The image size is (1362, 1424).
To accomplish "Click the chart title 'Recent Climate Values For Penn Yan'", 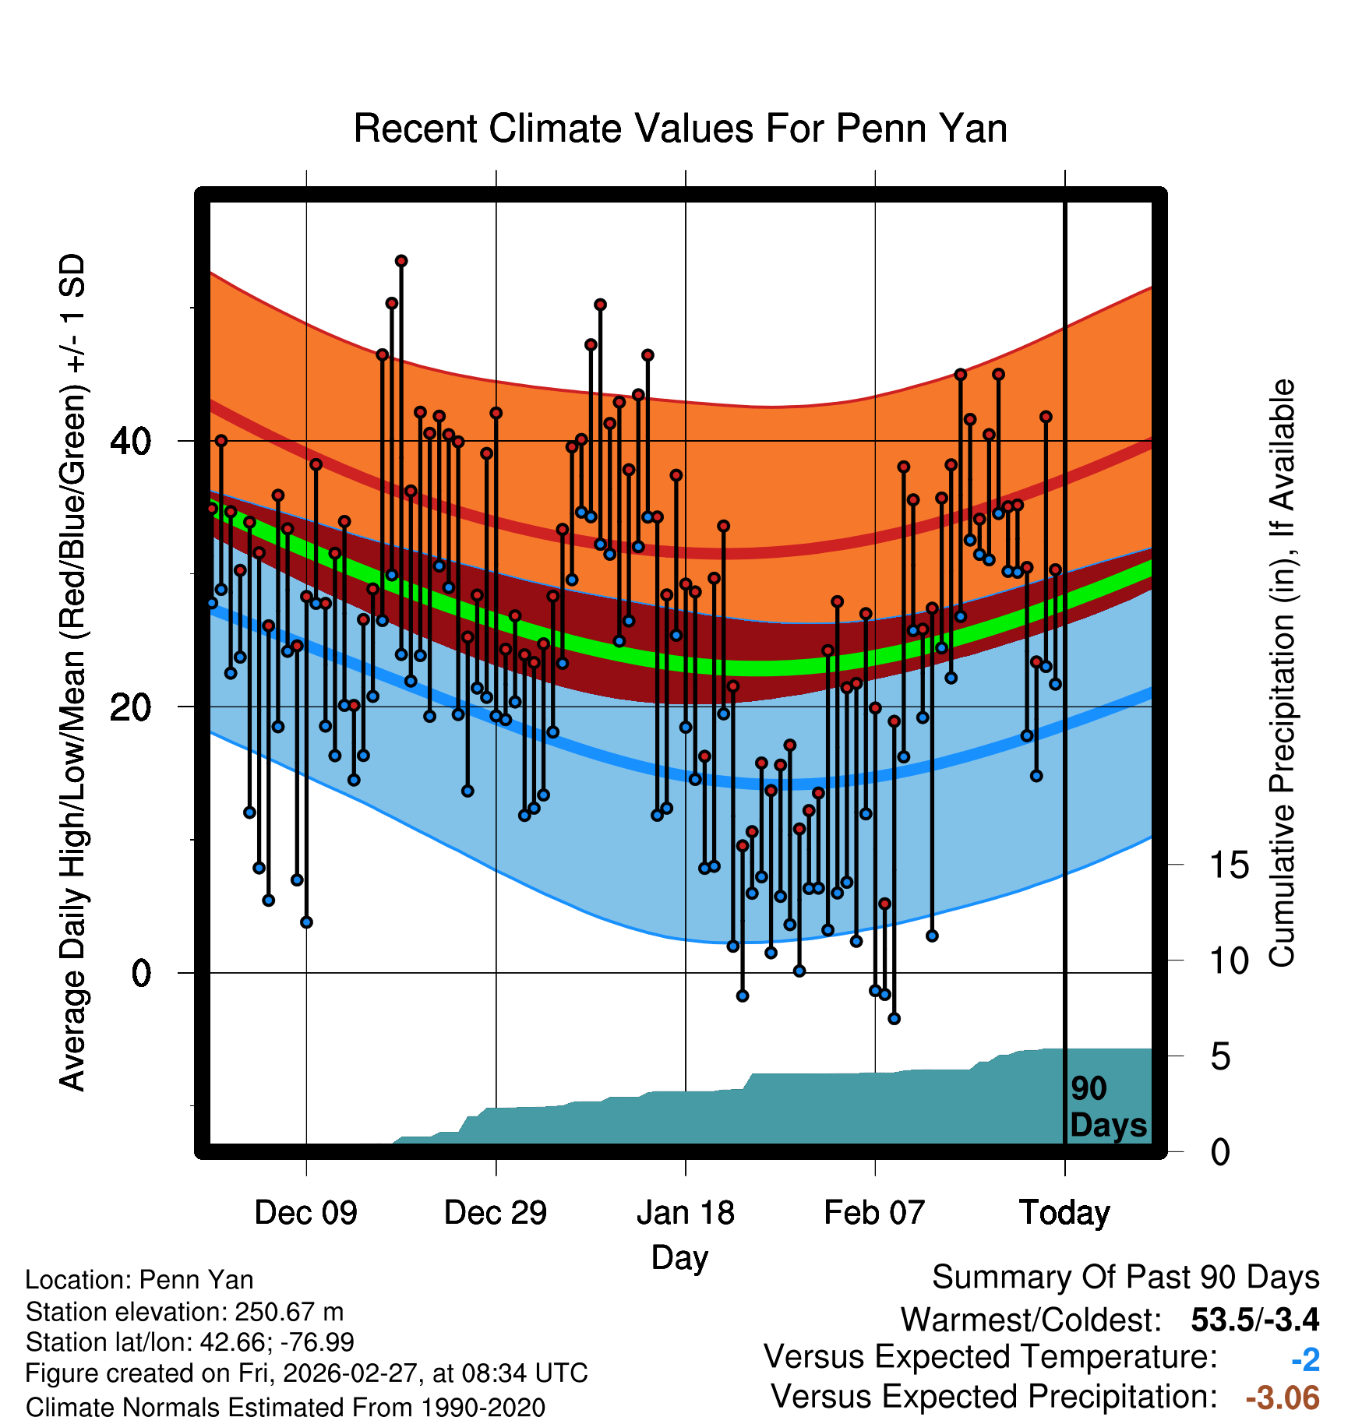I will point(680,129).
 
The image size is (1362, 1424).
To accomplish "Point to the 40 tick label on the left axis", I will point(130,442).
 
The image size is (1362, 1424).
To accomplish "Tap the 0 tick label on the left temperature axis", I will point(141,973).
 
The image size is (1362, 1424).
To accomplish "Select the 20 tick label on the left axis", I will point(130,707).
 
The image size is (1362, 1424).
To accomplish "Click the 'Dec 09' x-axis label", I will point(305,1213).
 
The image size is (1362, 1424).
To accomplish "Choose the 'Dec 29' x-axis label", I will point(496,1213).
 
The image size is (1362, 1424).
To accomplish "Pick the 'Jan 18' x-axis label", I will point(685,1213).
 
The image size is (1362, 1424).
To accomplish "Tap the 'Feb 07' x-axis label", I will point(874,1213).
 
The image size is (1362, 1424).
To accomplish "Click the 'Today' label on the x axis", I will point(1064,1213).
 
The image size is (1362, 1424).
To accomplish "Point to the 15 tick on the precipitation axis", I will point(1230,865).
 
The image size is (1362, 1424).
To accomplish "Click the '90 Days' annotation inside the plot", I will point(1107,1107).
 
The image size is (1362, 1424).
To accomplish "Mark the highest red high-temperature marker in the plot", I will point(401,261).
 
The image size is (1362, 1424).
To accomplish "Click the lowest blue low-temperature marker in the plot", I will point(894,1018).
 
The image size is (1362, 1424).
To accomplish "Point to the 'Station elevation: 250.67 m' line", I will point(185,1312).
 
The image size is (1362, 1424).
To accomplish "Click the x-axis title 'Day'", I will point(679,1257).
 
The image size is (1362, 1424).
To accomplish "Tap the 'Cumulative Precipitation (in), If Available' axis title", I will point(1282,674).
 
